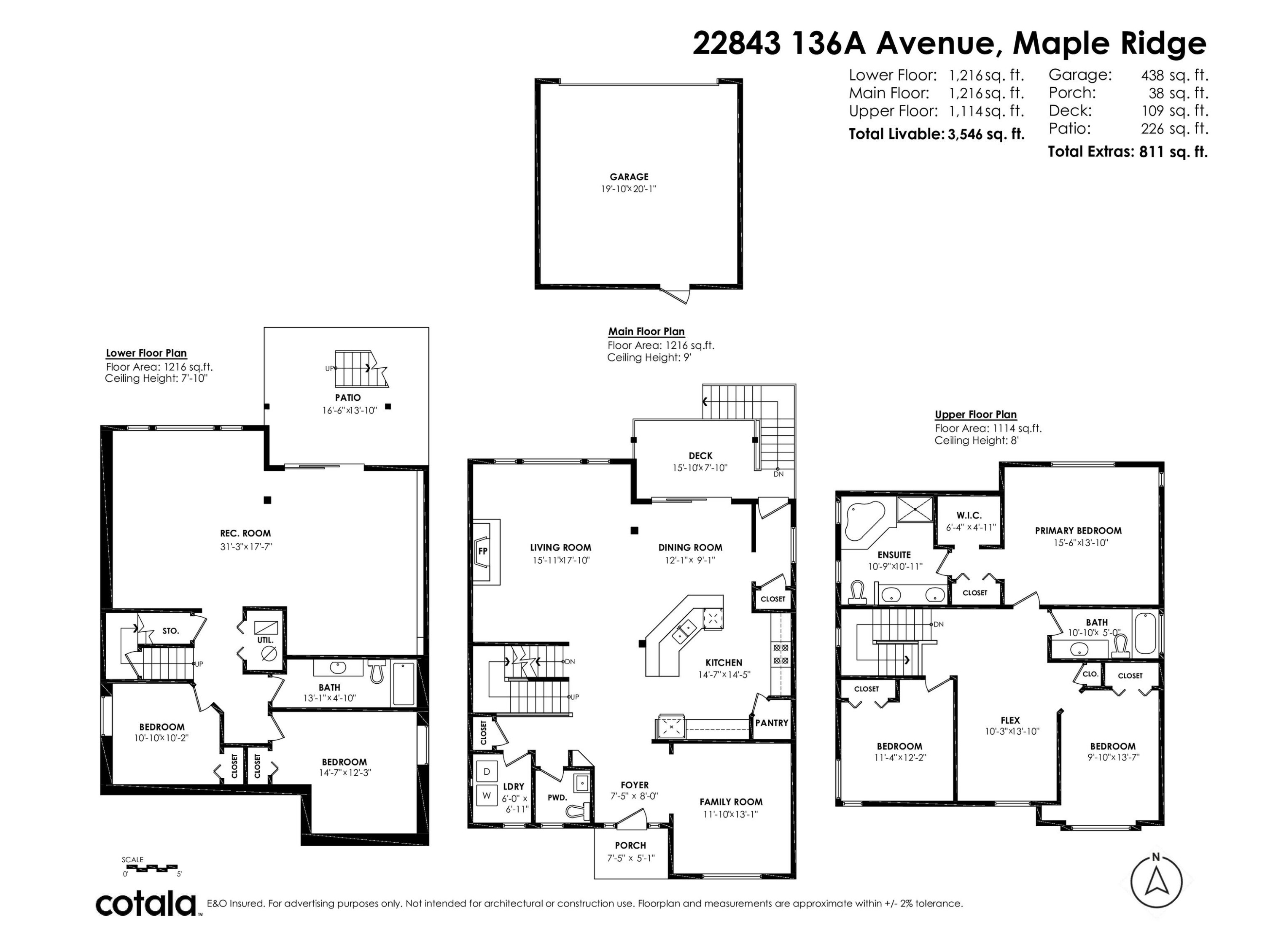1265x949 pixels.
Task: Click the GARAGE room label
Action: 629,177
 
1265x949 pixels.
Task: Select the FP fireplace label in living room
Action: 483,551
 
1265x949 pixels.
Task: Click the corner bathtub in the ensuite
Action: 864,520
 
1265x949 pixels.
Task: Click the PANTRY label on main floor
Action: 772,723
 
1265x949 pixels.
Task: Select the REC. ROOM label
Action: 245,534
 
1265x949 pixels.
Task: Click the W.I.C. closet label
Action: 969,515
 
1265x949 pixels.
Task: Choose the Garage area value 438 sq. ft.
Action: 1175,75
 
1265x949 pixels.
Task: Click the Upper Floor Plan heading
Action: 976,415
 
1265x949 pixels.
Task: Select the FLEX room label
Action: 1010,721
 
